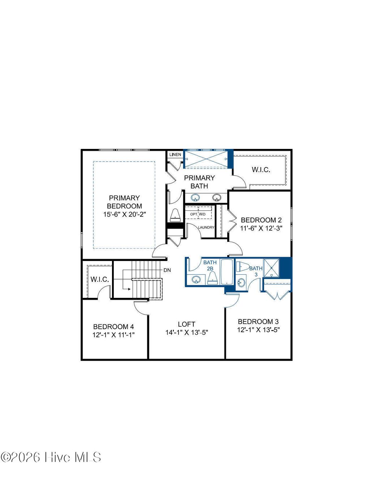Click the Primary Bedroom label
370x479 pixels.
click(x=124, y=202)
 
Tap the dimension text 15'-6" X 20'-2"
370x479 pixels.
click(x=124, y=214)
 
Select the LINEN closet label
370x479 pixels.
click(x=175, y=155)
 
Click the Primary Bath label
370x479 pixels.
click(x=199, y=182)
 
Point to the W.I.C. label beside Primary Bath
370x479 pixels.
click(x=261, y=170)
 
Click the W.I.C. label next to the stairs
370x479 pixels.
click(x=99, y=279)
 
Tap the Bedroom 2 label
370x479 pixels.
click(x=261, y=220)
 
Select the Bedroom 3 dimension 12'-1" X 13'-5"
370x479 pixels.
click(x=258, y=330)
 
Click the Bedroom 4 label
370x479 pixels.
click(x=113, y=326)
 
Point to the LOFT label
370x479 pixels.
click(x=186, y=324)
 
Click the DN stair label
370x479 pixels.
click(x=167, y=270)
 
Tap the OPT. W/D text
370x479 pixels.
click(x=198, y=214)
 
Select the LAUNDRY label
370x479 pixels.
click(x=206, y=227)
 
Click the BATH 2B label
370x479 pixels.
click(x=210, y=265)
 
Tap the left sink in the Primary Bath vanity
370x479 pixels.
click(x=195, y=198)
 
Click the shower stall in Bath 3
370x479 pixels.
click(x=271, y=268)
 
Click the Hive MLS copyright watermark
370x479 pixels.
click(x=51, y=457)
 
